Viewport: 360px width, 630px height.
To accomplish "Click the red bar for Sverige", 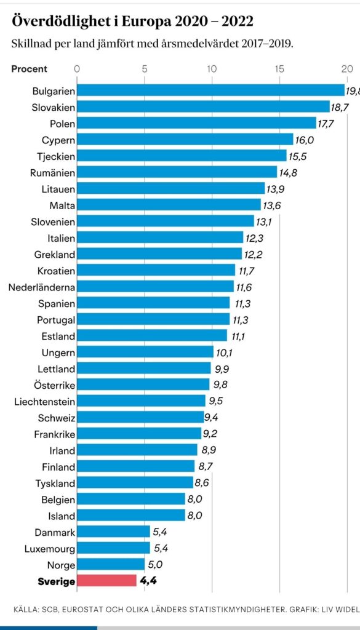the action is coord(106,581).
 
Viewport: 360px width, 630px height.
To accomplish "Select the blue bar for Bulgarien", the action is coord(210,90).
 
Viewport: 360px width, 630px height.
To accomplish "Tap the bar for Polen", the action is coord(196,123).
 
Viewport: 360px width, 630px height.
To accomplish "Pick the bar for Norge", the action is coord(111,564).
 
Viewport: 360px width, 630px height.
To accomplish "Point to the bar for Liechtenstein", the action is coord(141,401).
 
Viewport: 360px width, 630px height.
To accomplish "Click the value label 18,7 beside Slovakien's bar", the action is coord(340,107).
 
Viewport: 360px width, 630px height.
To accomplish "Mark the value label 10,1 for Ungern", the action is coord(224,353).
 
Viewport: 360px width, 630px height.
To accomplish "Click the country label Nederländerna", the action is coord(42,287).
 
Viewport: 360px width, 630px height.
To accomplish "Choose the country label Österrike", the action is coord(55,385).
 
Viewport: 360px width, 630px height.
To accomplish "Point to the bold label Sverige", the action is coord(56,581).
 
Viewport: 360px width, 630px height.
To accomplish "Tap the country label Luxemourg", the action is coord(50,548).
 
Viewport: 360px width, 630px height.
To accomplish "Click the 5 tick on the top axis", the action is coord(145,69).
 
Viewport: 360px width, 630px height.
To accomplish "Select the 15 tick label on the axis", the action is coord(279,69).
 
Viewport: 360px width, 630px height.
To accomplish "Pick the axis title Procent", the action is coord(30,69).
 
